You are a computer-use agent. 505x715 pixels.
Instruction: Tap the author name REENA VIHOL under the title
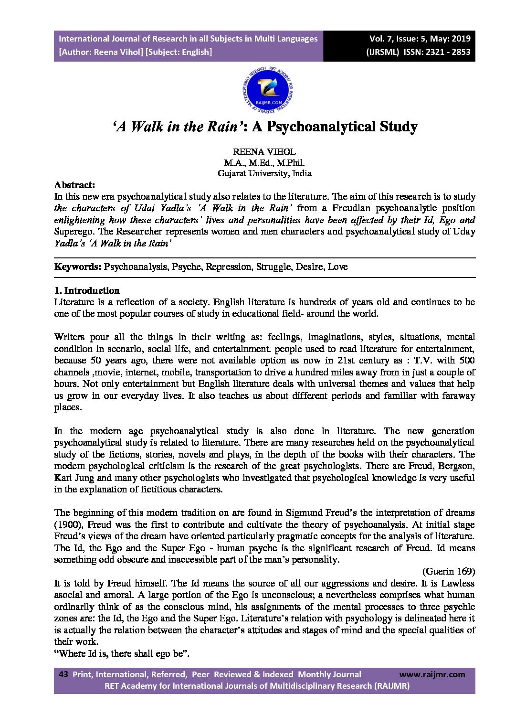(x=264, y=152)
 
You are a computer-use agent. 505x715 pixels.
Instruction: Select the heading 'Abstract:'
(x=74, y=185)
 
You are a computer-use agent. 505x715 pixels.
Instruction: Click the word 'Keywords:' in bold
(x=78, y=267)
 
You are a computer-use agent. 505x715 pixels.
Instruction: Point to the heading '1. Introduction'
(x=87, y=290)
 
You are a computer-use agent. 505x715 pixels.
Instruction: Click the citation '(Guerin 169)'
(x=448, y=571)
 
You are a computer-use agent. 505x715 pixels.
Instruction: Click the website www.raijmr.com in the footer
(x=431, y=674)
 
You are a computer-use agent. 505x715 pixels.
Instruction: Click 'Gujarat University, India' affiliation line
(x=264, y=173)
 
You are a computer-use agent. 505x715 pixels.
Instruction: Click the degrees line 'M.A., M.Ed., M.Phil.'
(x=264, y=163)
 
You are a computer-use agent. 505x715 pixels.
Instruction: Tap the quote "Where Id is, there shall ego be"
(x=122, y=653)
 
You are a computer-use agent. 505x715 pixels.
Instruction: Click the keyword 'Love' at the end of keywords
(x=337, y=267)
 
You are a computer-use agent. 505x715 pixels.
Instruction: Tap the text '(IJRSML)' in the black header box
(x=382, y=52)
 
